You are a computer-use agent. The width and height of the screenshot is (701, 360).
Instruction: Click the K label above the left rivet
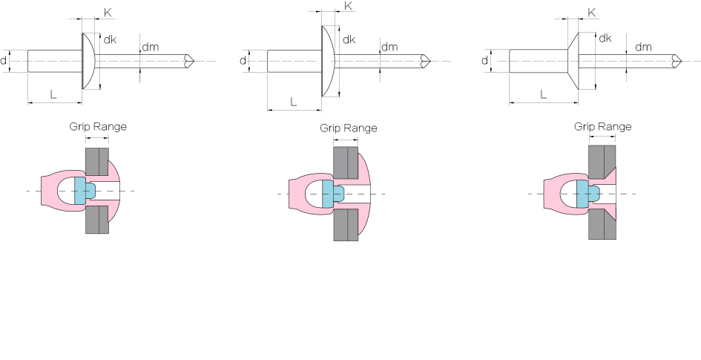coord(108,13)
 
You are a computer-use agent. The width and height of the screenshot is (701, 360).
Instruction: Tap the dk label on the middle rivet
coord(349,39)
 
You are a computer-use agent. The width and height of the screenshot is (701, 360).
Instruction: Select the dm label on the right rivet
coord(643,47)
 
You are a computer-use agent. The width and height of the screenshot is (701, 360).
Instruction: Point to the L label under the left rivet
coord(53,94)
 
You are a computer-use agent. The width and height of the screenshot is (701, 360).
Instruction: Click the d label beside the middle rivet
coord(243,60)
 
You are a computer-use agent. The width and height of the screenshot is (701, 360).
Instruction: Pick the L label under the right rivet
coord(543,94)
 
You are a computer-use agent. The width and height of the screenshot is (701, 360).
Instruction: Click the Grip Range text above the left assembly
coord(98,127)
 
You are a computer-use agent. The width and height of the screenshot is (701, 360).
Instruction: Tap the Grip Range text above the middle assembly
coord(348,128)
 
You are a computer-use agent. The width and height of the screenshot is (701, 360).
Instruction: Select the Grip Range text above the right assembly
coord(602,127)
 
